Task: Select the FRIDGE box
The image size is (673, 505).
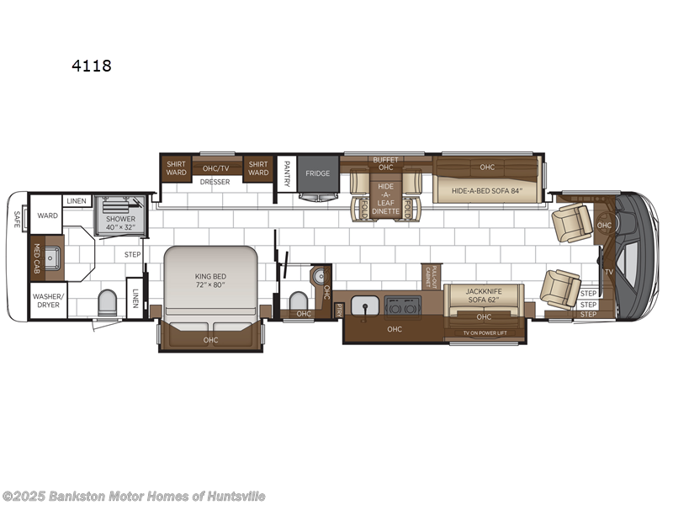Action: (317, 173)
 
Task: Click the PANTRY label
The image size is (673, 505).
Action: (287, 173)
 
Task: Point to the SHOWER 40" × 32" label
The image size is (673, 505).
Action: (120, 221)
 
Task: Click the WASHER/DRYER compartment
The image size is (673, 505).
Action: (47, 300)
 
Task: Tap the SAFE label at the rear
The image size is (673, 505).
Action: (17, 219)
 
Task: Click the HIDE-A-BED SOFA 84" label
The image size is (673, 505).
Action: (487, 191)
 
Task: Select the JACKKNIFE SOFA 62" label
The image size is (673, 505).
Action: (484, 295)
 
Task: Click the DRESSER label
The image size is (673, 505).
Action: (215, 182)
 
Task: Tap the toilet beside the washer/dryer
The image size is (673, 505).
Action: (108, 303)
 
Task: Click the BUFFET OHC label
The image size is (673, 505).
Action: (385, 162)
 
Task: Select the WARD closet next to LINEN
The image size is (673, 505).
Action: (48, 215)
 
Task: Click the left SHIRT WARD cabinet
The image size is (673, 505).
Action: (176, 168)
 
